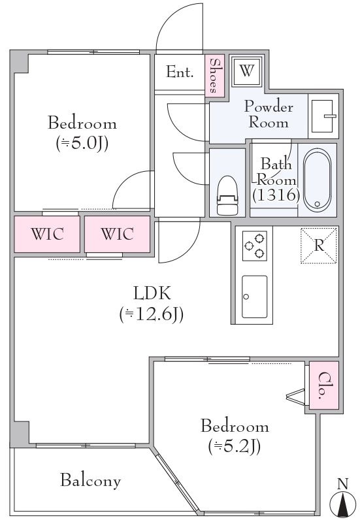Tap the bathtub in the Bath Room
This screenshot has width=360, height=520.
[x=317, y=180]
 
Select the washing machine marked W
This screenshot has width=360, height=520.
[x=247, y=71]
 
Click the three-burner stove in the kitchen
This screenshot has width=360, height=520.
[x=255, y=246]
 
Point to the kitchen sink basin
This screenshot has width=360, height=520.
[x=255, y=297]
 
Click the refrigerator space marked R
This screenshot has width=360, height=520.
[x=319, y=246]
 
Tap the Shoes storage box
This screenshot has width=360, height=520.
[x=215, y=76]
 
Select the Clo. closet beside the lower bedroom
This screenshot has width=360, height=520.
[x=324, y=385]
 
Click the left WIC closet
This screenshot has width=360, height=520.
[x=47, y=234]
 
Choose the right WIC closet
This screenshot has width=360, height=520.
[x=117, y=234]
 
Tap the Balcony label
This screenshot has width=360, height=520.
[x=90, y=481]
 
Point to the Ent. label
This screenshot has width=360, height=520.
[x=180, y=72]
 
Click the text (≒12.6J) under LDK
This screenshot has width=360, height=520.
[x=152, y=314]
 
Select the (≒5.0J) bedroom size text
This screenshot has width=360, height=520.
[x=82, y=143]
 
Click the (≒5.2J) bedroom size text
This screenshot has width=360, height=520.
[x=235, y=446]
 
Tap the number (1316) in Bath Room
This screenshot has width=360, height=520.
[x=276, y=195]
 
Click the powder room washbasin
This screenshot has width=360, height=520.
[x=323, y=116]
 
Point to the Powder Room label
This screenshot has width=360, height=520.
[x=269, y=114]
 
